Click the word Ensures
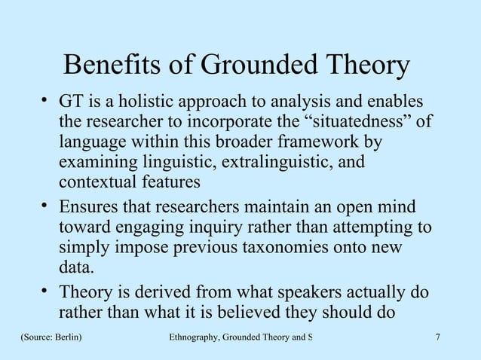(87, 208)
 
